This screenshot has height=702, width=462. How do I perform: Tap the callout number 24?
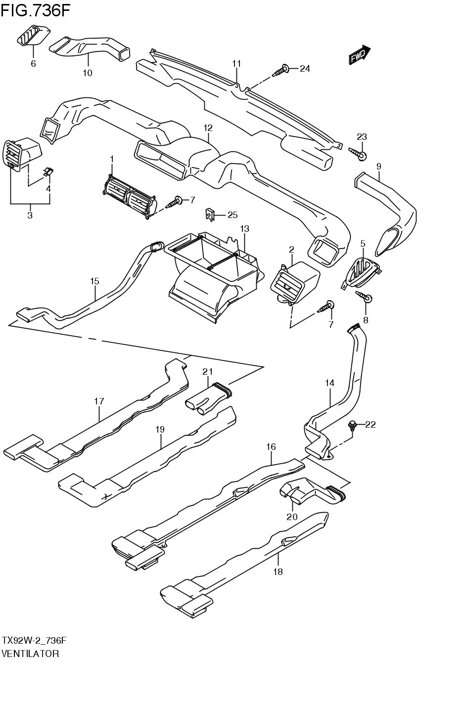tap(305, 69)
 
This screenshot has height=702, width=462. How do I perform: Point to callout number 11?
tap(236, 63)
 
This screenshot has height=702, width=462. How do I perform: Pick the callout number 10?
tap(87, 73)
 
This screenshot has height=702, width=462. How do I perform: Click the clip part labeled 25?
tap(210, 215)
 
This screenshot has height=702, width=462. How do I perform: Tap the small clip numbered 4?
tap(48, 172)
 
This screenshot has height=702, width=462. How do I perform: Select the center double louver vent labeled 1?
tap(130, 196)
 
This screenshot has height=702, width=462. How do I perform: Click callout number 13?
tap(244, 229)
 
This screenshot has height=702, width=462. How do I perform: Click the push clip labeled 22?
tap(352, 425)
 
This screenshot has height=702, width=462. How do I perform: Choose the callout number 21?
tap(207, 371)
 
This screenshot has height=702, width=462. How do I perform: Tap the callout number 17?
tap(99, 401)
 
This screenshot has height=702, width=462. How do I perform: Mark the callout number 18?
tap(278, 571)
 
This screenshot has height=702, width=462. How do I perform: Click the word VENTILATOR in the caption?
tap(31, 654)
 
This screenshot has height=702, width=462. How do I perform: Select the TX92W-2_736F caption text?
tap(34, 640)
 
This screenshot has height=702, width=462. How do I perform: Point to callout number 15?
tap(94, 281)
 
